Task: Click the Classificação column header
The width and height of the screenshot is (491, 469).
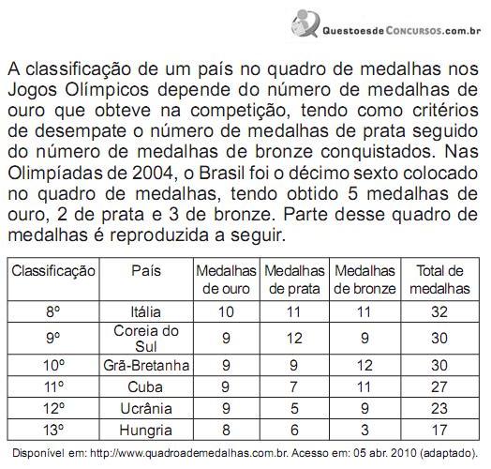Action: (53, 270)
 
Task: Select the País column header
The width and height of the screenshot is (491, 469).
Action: (145, 270)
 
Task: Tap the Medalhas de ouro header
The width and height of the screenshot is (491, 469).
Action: (226, 280)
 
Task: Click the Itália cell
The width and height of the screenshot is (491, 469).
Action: (145, 311)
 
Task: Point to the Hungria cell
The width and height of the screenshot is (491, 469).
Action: (145, 431)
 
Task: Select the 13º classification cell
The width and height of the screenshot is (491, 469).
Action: (53, 431)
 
